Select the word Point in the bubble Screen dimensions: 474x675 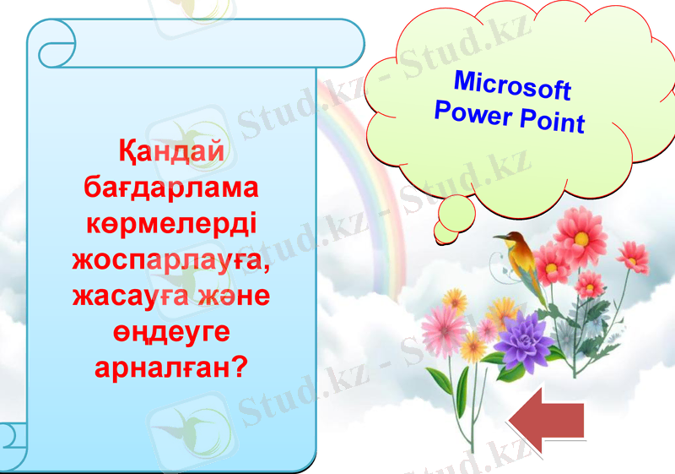pyautogui.click(x=552, y=122)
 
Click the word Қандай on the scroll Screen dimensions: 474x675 pyautogui.click(x=172, y=152)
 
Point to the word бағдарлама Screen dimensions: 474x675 pyautogui.click(x=172, y=188)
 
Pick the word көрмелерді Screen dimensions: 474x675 pyautogui.click(x=172, y=224)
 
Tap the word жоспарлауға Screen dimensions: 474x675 pyautogui.click(x=172, y=259)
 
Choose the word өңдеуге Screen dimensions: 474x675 pyautogui.click(x=172, y=332)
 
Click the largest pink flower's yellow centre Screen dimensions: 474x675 pyautogui.click(x=580, y=237)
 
